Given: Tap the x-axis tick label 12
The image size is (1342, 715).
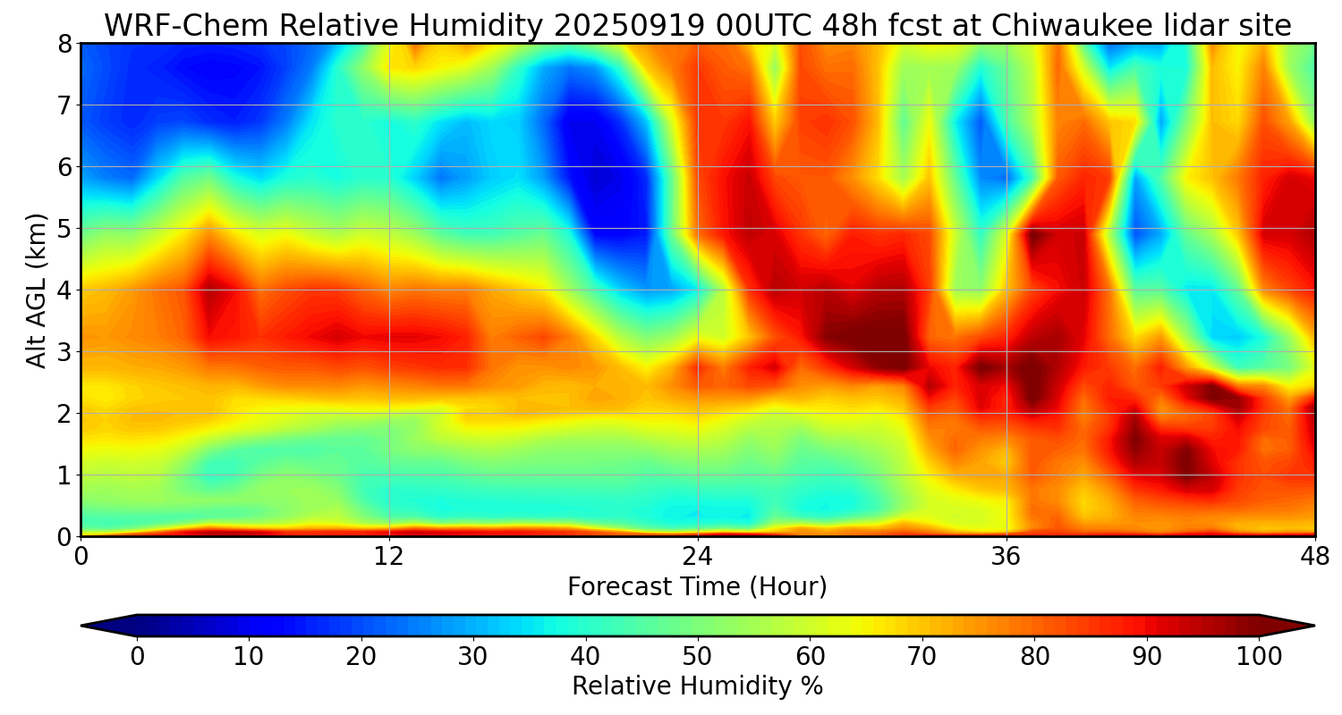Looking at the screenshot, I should tap(389, 557).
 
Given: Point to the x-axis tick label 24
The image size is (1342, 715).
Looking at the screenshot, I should tap(698, 557).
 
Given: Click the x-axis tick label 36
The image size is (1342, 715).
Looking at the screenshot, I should tap(1007, 557).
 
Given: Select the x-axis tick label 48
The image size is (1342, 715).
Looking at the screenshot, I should tap(1314, 557).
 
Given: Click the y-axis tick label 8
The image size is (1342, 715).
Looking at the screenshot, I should tap(64, 44).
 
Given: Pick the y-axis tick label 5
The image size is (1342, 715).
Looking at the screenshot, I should tap(64, 229).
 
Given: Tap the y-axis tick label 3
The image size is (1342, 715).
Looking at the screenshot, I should tap(64, 352).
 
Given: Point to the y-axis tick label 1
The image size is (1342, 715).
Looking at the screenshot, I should tap(64, 475).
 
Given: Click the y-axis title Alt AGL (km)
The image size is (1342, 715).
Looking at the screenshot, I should tap(37, 290).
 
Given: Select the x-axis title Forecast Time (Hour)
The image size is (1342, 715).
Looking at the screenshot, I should tap(697, 587).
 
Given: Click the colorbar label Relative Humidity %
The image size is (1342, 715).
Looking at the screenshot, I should tap(697, 686).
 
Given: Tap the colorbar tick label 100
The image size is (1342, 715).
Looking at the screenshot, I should tap(1259, 656).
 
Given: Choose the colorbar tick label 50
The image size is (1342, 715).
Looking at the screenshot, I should tap(697, 656).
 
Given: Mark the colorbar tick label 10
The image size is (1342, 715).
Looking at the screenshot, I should tap(249, 656).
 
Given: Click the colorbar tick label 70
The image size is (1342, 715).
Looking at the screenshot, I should tap(922, 656).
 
